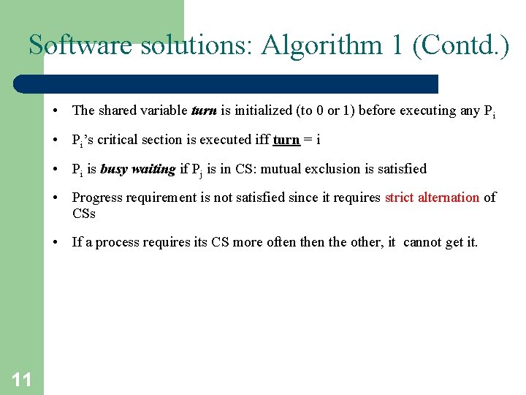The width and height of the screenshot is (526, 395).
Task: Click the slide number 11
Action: (x=22, y=378)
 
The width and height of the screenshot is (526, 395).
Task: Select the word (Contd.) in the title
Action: (x=461, y=45)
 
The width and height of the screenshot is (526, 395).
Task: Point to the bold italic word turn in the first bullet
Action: (x=203, y=110)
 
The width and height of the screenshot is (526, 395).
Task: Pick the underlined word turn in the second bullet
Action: (x=286, y=140)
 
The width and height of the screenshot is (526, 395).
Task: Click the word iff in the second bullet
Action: (x=261, y=140)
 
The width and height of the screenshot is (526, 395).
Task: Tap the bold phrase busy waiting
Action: (x=138, y=169)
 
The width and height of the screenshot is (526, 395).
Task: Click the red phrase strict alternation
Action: (x=432, y=197)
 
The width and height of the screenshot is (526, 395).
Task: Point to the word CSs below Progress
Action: (x=84, y=214)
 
